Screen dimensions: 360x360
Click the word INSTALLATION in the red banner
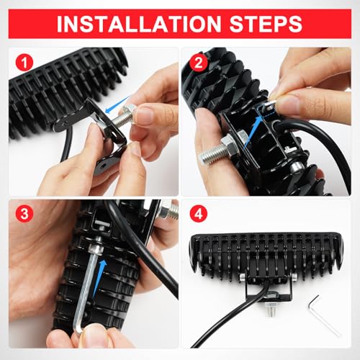click(x=139, y=24)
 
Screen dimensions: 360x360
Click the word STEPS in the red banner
click(x=266, y=24)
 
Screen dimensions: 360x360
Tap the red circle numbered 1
click(x=24, y=63)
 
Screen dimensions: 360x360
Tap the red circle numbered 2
click(x=198, y=63)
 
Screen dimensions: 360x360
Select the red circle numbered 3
click(x=24, y=214)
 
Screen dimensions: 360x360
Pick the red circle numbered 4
click(x=198, y=214)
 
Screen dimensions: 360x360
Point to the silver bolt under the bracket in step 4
click(x=271, y=310)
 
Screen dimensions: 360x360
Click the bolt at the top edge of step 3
click(x=169, y=211)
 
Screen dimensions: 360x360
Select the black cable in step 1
click(x=67, y=143)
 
